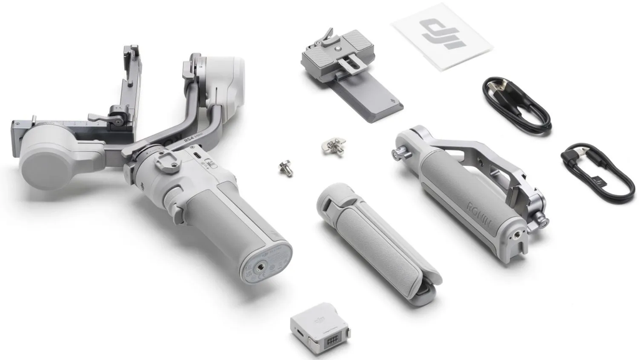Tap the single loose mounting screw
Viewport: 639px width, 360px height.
286,167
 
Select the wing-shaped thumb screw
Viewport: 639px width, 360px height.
333,146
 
